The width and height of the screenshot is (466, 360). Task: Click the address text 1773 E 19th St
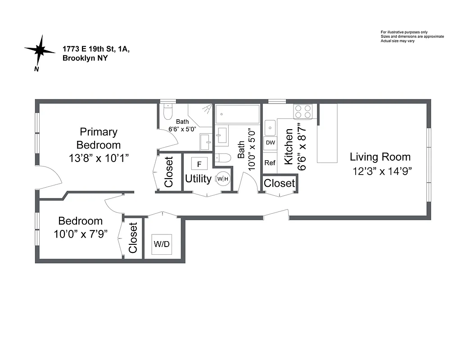[96, 49]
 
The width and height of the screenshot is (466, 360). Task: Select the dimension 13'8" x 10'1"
[99, 158]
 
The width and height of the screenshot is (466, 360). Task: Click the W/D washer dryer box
[162, 244]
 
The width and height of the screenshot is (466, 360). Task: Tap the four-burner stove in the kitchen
[303, 111]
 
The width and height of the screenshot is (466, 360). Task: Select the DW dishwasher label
[270, 143]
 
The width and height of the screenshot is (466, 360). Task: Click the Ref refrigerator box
[270, 163]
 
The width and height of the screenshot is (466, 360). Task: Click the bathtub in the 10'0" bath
[238, 114]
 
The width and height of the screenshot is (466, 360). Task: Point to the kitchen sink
[270, 127]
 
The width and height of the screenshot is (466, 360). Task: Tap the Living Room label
[380, 157]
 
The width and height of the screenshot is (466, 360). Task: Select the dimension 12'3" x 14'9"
[383, 171]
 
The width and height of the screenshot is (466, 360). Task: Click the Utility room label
[198, 179]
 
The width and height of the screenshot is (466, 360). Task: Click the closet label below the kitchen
[279, 183]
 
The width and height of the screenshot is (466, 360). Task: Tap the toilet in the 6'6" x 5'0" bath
[167, 112]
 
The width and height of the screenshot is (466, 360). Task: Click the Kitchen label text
[289, 147]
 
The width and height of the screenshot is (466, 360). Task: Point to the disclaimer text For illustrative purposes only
[404, 32]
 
